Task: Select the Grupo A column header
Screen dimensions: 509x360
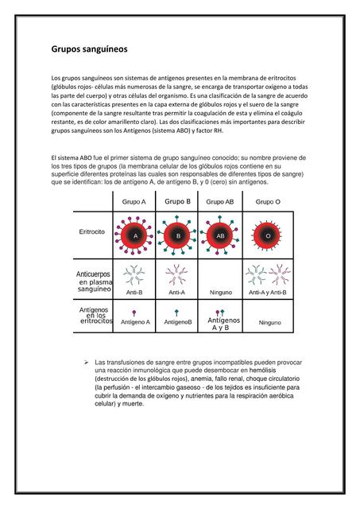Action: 134,202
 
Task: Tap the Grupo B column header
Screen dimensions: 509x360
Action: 178,201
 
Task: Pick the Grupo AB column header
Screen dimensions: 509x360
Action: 220,202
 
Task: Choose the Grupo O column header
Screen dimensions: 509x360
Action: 268,202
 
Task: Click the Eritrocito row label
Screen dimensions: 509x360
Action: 94,231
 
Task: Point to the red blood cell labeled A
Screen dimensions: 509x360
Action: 135,236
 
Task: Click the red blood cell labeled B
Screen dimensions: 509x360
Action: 179,236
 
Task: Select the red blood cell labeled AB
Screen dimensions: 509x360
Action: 221,236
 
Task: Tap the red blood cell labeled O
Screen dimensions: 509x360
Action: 268,236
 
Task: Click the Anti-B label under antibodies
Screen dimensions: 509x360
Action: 134,293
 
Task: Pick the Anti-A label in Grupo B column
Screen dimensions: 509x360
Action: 177,293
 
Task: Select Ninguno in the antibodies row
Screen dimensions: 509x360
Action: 220,293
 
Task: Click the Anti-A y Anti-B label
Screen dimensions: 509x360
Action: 268,293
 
